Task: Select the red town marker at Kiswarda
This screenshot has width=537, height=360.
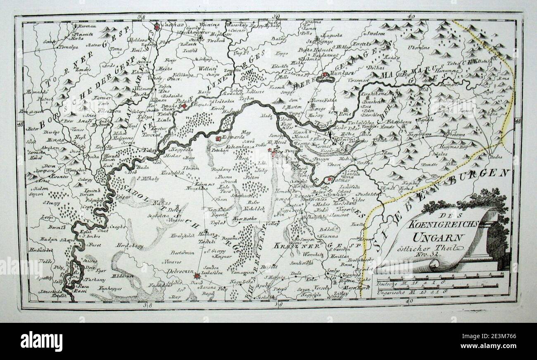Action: (218, 139)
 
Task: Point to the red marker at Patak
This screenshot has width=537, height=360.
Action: (184, 106)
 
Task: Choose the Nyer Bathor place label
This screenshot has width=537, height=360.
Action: (242, 219)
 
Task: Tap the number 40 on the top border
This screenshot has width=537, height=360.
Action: (410, 16)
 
